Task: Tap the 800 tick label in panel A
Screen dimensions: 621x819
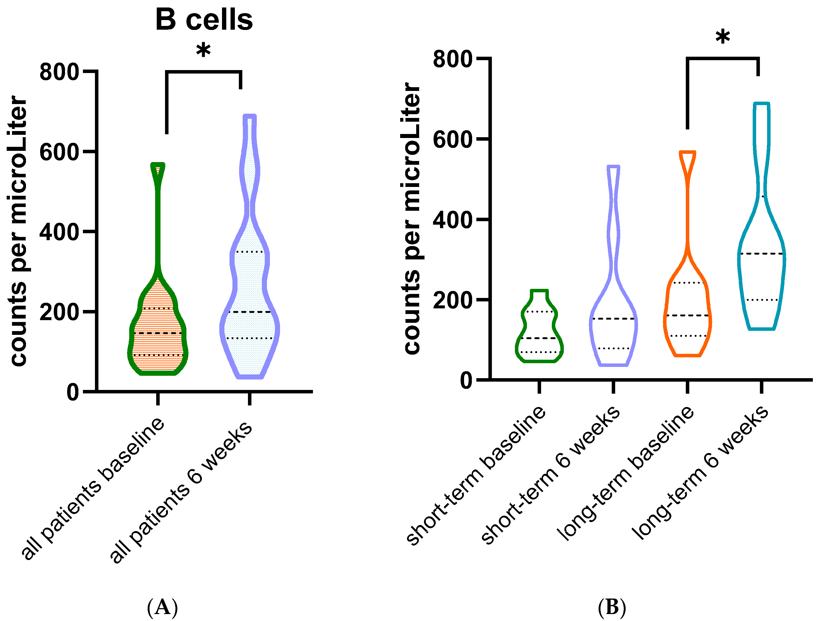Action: click(x=59, y=72)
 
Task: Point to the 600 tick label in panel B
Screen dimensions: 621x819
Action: click(x=453, y=140)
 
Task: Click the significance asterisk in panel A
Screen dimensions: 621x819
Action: click(x=203, y=51)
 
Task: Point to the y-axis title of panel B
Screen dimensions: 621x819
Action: click(x=411, y=218)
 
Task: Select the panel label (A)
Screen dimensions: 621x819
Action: click(x=163, y=608)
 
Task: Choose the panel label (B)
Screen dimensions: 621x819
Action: click(x=612, y=608)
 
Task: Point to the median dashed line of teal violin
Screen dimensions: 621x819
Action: click(x=761, y=254)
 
